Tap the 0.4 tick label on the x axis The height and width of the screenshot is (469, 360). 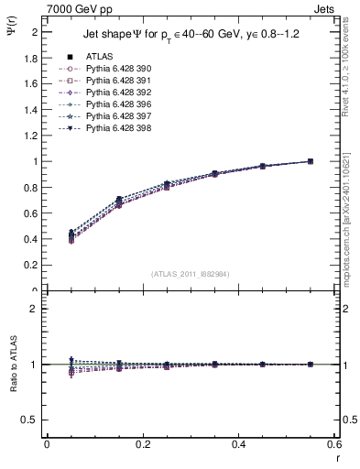(x=238, y=444)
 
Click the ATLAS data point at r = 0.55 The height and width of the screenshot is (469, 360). (x=310, y=161)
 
